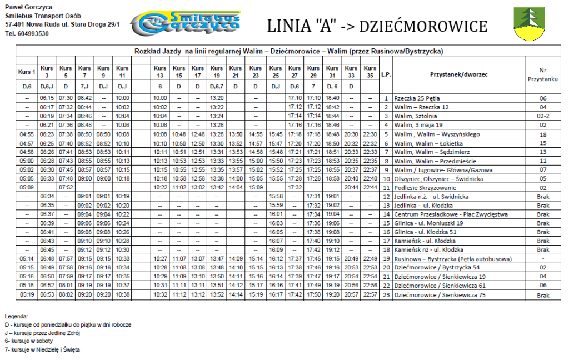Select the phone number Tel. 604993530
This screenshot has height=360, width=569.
(x=27, y=34)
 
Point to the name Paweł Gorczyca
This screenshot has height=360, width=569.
(x=29, y=7)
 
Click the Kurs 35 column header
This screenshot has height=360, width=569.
(x=370, y=72)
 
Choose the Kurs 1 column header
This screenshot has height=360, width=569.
(x=27, y=72)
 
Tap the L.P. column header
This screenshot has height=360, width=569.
(x=386, y=74)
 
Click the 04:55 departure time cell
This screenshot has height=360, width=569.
(x=27, y=134)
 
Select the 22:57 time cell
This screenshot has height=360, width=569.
(x=370, y=294)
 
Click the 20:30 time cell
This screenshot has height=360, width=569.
(x=351, y=134)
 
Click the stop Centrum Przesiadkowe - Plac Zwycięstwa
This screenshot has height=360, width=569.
(x=451, y=214)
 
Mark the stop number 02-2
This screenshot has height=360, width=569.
(x=543, y=116)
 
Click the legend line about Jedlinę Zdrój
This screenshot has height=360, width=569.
(x=43, y=333)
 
